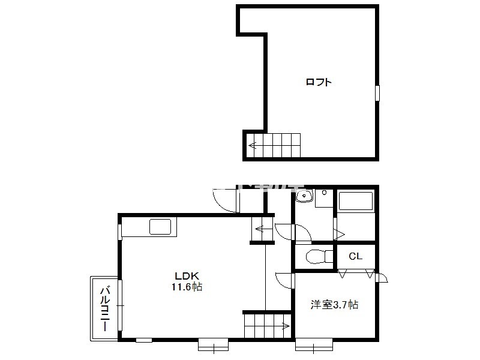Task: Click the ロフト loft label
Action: (319, 82)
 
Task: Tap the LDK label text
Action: (187, 275)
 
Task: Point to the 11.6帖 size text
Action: (187, 287)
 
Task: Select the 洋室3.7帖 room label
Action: (334, 305)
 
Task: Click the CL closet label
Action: (355, 256)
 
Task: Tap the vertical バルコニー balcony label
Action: (105, 308)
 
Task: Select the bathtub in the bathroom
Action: (356, 201)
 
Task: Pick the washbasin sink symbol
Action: (304, 196)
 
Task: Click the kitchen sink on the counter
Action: (160, 227)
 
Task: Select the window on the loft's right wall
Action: (377, 93)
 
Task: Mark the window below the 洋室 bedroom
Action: (314, 344)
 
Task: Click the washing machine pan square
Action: (324, 199)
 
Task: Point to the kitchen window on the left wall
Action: (120, 232)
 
